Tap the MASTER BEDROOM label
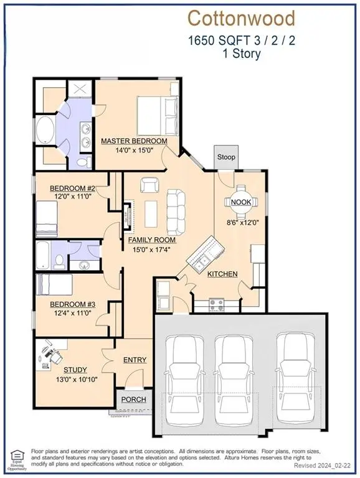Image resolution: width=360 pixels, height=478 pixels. pyautogui.click(x=134, y=141)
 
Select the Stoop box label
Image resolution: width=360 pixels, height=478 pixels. pyautogui.click(x=226, y=157)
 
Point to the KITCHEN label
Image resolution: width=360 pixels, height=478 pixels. pyautogui.click(x=222, y=274)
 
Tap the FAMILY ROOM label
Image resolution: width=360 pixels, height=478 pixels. pyautogui.click(x=152, y=240)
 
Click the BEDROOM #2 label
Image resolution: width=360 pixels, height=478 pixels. pyautogui.click(x=73, y=189)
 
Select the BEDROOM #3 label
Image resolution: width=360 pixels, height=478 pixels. pyautogui.click(x=73, y=304)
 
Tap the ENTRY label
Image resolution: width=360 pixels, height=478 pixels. pyautogui.click(x=135, y=360)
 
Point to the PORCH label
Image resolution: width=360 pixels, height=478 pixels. pyautogui.click(x=133, y=400)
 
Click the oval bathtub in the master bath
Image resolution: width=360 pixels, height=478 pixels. pyautogui.click(x=45, y=130)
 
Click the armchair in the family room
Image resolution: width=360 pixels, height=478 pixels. pyautogui.click(x=149, y=185)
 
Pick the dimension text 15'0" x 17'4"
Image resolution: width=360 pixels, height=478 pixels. pyautogui.click(x=151, y=250)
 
